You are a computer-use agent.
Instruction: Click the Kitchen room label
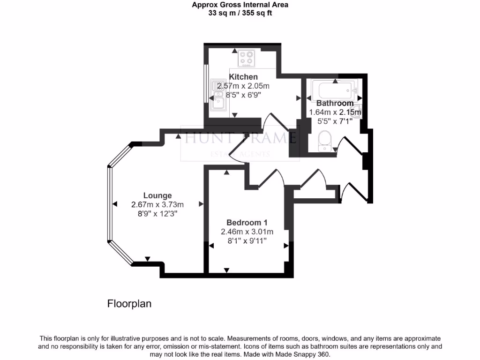click(x=243, y=77)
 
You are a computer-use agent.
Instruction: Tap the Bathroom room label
click(x=335, y=103)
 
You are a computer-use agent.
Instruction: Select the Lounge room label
click(x=157, y=195)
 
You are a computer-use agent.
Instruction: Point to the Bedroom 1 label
click(x=247, y=223)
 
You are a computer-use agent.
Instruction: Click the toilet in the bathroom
click(x=324, y=140)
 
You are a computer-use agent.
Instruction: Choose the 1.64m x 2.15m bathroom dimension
click(x=335, y=112)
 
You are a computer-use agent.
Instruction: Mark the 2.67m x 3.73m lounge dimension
click(x=157, y=204)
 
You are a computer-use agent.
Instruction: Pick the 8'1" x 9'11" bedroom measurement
click(x=247, y=240)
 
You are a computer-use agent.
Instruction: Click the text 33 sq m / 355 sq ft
click(x=240, y=13)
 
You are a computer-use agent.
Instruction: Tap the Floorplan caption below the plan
click(x=129, y=304)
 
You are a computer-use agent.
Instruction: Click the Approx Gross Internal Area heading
click(x=240, y=5)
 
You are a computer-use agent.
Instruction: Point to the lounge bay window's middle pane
click(x=110, y=204)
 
